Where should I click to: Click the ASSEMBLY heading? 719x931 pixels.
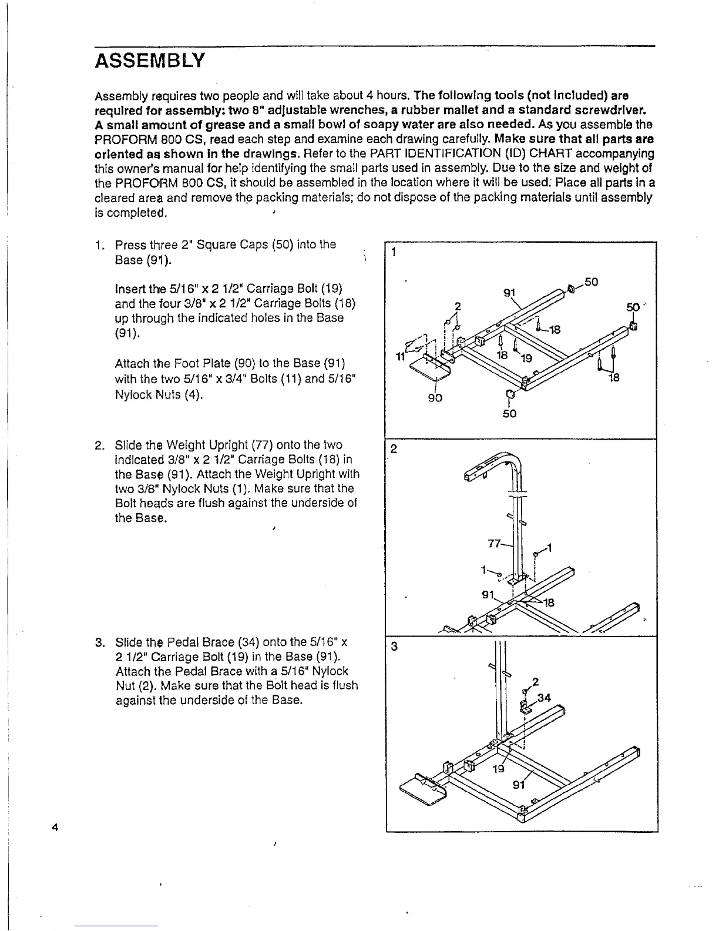(x=150, y=60)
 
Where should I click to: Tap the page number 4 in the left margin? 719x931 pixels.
(x=54, y=828)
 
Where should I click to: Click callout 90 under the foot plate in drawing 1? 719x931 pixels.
(x=435, y=398)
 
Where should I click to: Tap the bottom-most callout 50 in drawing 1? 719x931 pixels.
(x=509, y=414)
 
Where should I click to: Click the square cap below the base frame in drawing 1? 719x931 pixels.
(x=510, y=394)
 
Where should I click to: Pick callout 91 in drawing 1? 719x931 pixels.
(x=510, y=293)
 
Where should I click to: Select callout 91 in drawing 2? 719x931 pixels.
(x=487, y=594)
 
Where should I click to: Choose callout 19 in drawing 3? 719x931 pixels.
(x=498, y=768)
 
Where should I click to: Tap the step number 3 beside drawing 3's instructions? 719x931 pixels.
(x=99, y=642)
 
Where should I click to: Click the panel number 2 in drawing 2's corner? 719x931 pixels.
(x=394, y=449)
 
